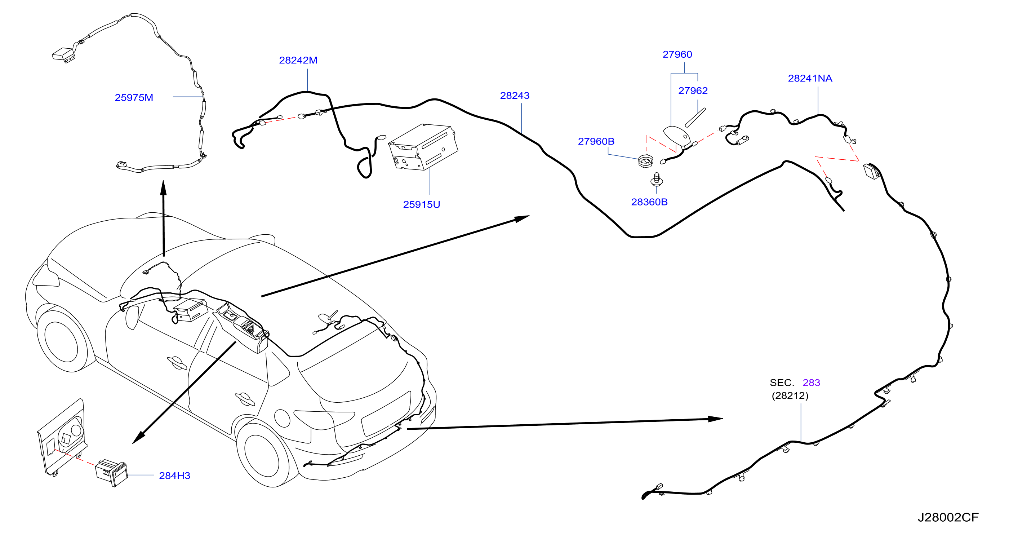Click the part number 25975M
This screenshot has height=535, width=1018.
click(x=134, y=98)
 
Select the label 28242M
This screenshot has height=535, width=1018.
click(x=298, y=60)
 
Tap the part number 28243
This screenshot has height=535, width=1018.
click(x=515, y=96)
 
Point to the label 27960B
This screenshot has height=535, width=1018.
click(x=596, y=141)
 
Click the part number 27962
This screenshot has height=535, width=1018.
click(x=693, y=90)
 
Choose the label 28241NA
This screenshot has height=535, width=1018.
click(x=810, y=78)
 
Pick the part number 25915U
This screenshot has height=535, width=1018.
click(x=421, y=204)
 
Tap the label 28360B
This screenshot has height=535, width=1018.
click(x=649, y=202)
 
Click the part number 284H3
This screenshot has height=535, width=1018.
click(x=174, y=476)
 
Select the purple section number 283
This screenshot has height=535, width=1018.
click(x=811, y=383)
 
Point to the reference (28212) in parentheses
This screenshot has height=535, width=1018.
click(x=790, y=395)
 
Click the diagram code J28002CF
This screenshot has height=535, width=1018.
click(x=948, y=518)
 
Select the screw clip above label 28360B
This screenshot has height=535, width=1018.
click(x=657, y=179)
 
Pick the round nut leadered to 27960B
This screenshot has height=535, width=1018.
click(x=646, y=162)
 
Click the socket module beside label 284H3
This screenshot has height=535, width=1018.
click(x=112, y=473)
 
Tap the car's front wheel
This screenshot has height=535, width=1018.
click(x=62, y=340)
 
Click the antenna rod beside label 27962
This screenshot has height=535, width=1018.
click(x=695, y=118)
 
